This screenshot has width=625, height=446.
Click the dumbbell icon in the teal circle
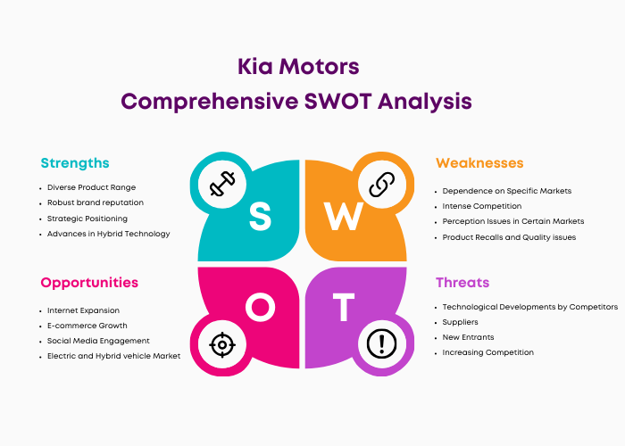click(x=222, y=184)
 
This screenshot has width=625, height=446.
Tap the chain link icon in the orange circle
click(x=382, y=185)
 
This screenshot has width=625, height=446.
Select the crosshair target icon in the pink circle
click(x=222, y=344)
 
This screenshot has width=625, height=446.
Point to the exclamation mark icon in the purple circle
click(x=382, y=344)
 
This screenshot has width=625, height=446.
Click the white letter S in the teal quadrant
click(x=261, y=216)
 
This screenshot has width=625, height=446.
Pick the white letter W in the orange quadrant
click(x=344, y=216)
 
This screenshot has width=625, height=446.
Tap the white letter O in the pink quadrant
click(x=261, y=307)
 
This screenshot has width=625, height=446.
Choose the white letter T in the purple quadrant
click(x=344, y=307)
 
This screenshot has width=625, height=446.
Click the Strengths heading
click(x=75, y=163)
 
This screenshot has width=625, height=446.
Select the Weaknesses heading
click(x=479, y=163)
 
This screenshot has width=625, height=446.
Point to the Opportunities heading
click(x=89, y=283)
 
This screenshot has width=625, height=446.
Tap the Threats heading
click(x=462, y=283)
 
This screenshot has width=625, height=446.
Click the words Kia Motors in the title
click(x=298, y=66)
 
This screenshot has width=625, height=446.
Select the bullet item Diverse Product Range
click(x=91, y=187)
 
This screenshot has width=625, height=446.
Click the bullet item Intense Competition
click(x=482, y=206)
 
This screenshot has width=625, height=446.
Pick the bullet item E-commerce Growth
click(x=87, y=326)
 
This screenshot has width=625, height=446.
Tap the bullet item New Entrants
click(x=468, y=337)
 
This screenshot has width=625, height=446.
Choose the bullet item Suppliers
click(x=460, y=322)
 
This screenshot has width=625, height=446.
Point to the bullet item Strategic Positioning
click(x=87, y=219)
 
